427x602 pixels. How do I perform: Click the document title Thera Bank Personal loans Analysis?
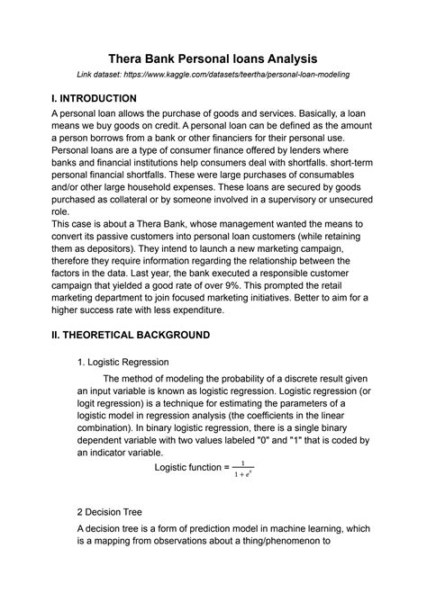point(213,55)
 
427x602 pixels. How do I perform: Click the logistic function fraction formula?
point(242,468)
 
